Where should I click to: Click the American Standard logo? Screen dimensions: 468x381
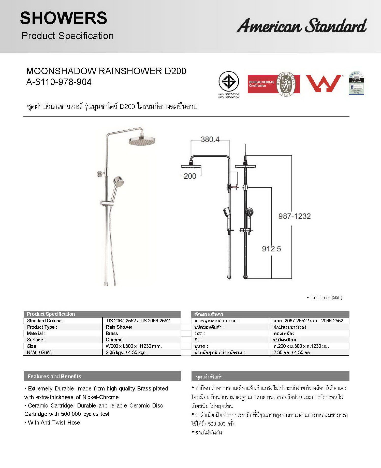(x=301, y=26)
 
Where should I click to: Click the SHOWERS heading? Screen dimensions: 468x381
(x=64, y=18)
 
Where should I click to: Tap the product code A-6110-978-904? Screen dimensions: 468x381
(x=59, y=82)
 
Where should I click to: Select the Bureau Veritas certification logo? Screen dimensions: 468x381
(x=274, y=84)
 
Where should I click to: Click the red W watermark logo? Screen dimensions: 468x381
(x=324, y=83)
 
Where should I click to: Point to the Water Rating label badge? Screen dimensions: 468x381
(x=356, y=83)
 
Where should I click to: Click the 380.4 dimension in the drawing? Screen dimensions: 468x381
(x=210, y=139)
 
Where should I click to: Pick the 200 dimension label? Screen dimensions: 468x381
(x=190, y=176)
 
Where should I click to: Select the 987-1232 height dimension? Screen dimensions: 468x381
(x=295, y=216)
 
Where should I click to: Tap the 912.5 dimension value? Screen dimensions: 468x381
(x=271, y=249)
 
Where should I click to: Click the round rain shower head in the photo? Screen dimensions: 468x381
(x=142, y=141)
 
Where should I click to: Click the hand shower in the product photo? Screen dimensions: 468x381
(x=118, y=182)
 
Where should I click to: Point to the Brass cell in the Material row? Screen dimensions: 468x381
(x=112, y=333)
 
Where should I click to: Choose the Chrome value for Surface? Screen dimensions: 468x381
(x=114, y=340)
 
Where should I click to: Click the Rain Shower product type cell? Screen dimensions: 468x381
(x=119, y=327)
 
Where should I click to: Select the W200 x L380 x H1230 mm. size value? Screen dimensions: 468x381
(x=134, y=346)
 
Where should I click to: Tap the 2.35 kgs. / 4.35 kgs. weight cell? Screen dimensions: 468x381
(x=126, y=352)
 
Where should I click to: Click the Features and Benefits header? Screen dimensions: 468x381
(x=54, y=376)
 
